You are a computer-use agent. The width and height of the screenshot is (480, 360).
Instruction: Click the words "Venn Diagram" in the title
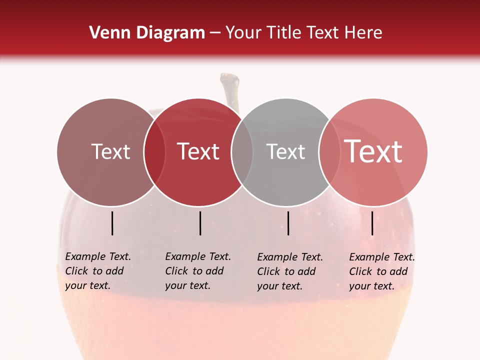point(147,33)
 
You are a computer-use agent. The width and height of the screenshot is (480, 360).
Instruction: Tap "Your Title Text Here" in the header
point(303,33)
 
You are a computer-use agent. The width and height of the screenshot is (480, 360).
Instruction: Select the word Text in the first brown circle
point(110,151)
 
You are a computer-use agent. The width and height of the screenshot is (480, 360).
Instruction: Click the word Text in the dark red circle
point(198,151)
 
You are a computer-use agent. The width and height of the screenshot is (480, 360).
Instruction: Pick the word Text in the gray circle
point(285,151)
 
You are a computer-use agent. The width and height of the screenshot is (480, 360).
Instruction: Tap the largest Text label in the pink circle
point(373,151)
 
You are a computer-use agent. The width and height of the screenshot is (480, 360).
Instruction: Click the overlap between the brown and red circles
point(154,152)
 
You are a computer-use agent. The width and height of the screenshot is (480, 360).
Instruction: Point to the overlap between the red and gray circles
point(242,152)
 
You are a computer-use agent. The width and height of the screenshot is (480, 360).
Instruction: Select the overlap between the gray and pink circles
point(329,152)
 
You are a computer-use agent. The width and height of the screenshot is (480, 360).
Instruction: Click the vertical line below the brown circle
point(112,223)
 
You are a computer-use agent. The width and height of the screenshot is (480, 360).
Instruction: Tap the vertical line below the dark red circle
point(200,223)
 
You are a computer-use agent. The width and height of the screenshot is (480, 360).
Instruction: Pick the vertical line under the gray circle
point(288,223)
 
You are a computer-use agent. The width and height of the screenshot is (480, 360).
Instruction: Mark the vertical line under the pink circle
point(372,223)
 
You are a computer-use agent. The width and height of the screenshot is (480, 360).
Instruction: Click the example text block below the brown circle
point(97,271)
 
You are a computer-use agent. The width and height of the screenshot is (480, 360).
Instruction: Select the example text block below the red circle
point(197,271)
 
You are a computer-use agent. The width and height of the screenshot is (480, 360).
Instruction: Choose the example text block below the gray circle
point(289,271)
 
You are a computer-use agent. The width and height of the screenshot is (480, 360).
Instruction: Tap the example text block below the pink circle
point(381,271)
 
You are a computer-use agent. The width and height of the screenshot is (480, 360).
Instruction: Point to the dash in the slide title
point(215,33)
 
